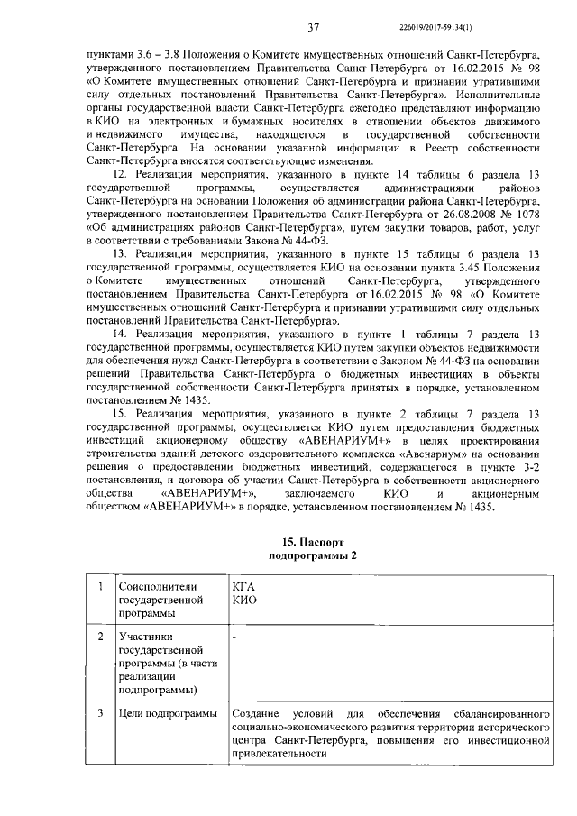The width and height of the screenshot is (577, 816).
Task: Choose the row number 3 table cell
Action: [x=99, y=714]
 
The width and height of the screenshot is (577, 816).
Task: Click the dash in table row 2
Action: [x=234, y=637]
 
